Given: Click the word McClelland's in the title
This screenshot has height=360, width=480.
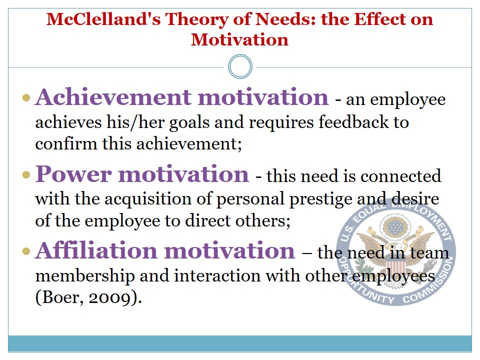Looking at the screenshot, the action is tap(103, 19).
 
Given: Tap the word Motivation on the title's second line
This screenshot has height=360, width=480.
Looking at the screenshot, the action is tap(239, 39).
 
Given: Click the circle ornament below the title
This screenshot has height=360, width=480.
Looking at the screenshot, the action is tap(240, 66).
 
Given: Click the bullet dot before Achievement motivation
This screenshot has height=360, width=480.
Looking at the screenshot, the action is tap(26, 98).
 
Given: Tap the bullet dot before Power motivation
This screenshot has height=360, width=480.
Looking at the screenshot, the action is tap(26, 175).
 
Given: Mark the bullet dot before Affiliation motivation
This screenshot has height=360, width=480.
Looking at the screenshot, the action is tap(26, 251).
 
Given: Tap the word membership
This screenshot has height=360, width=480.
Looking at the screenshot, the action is tap(85, 276).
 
